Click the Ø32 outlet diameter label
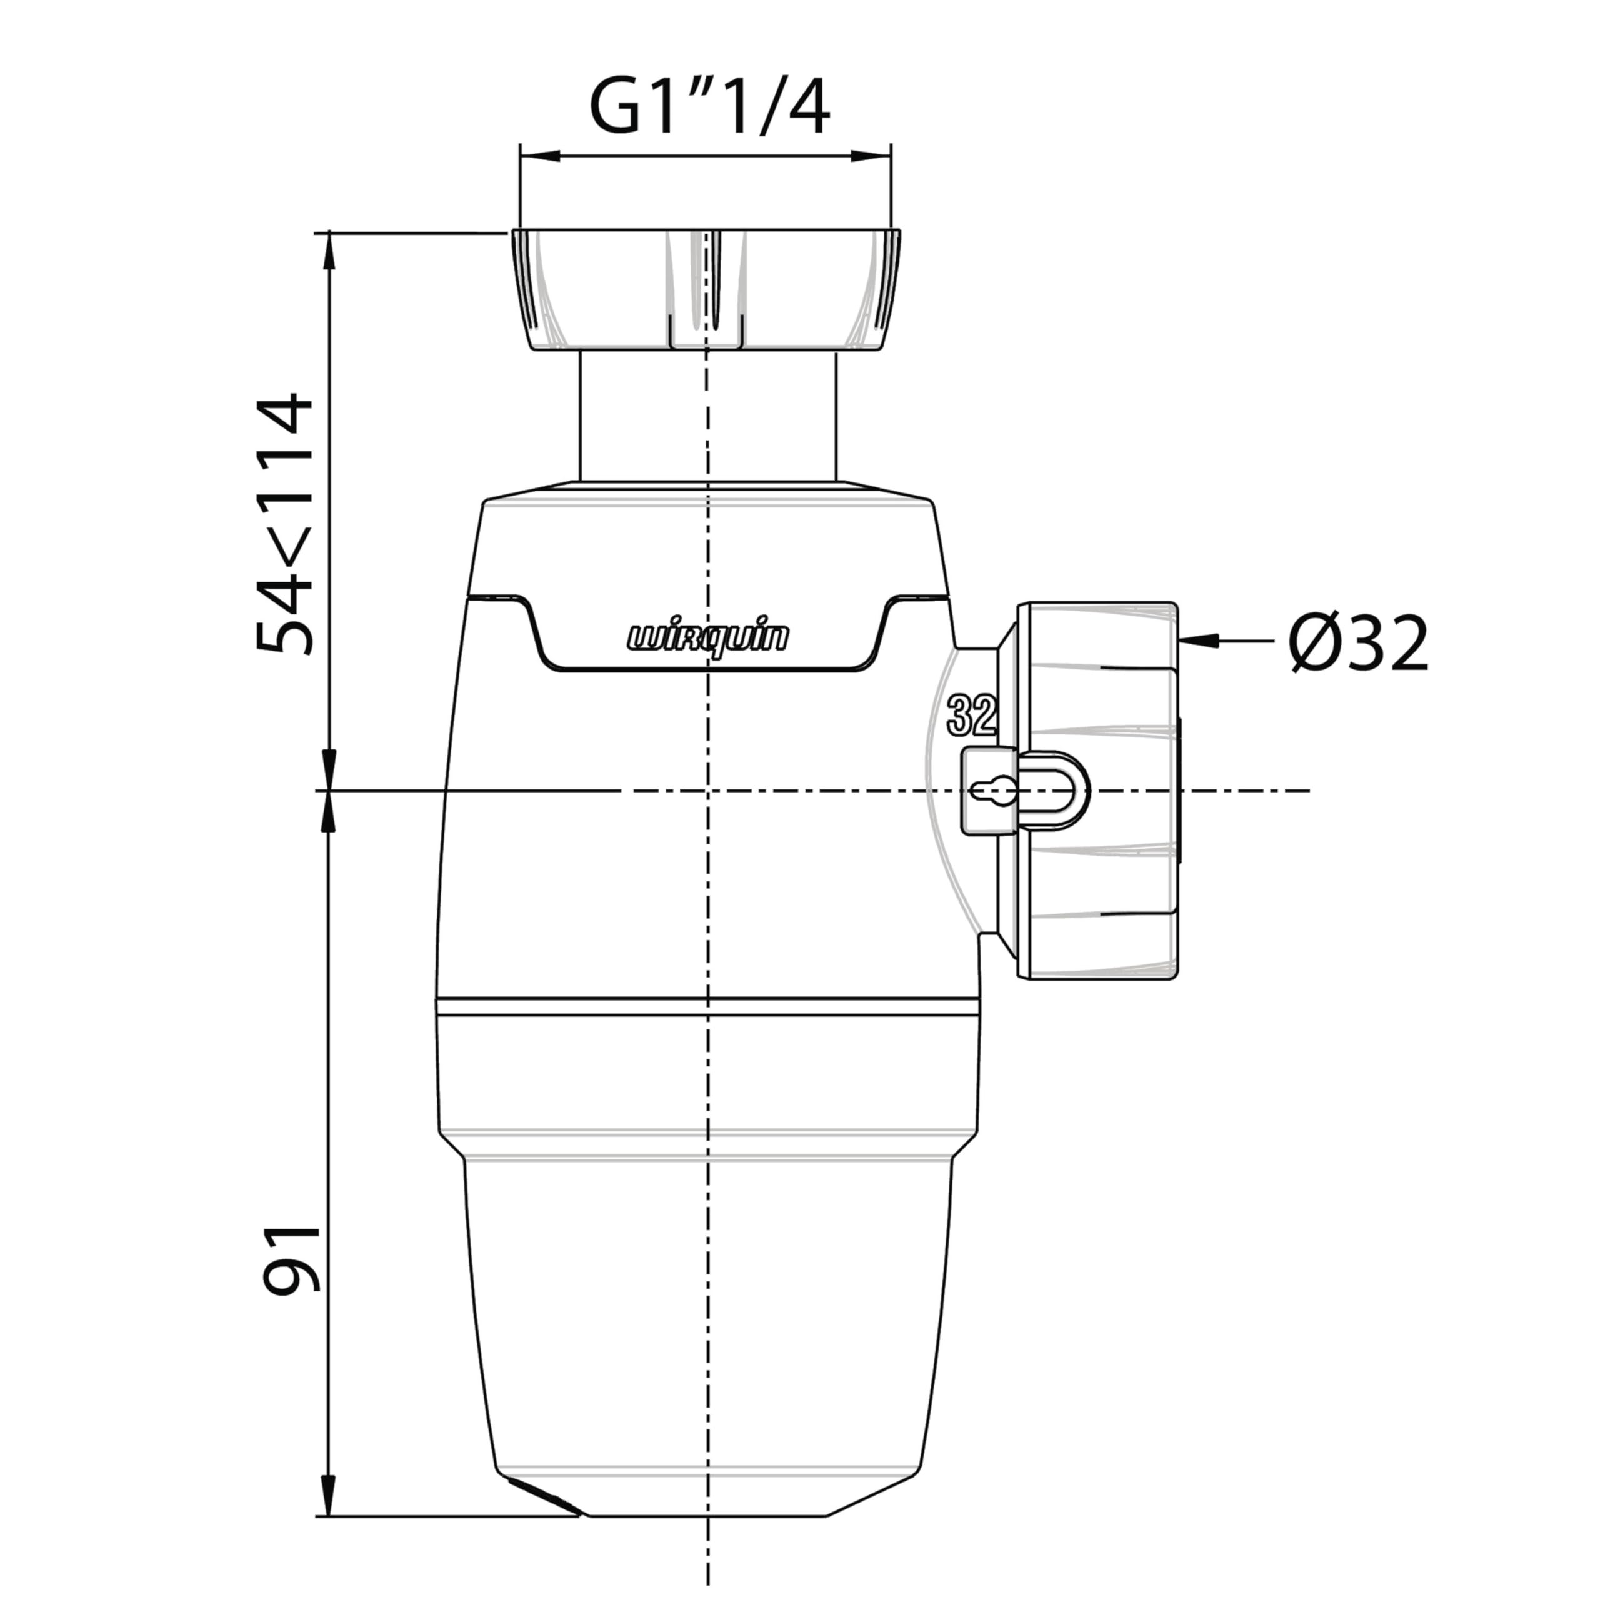click(1359, 642)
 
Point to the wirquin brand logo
click(708, 637)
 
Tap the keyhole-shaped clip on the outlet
click(1024, 790)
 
